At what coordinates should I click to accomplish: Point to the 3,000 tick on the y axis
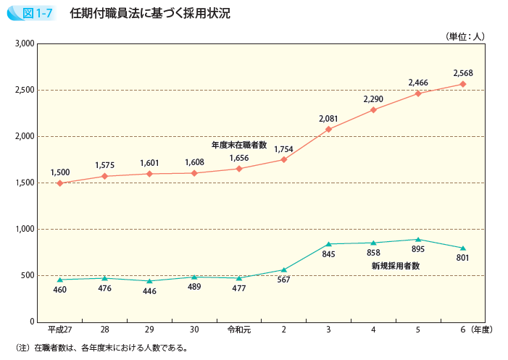point(25,44)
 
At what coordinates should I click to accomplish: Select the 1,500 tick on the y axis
point(25,183)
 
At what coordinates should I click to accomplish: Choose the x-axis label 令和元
point(238,330)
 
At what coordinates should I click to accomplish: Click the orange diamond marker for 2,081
point(328,129)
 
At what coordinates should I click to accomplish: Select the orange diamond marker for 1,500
point(59,183)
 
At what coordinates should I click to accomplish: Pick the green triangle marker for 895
point(418,239)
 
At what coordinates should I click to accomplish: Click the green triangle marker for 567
point(283,269)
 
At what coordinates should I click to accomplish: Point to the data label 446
point(149,291)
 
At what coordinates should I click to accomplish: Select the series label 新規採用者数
point(396,266)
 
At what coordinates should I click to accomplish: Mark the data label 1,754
point(283,149)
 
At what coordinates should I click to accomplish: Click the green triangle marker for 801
point(463,248)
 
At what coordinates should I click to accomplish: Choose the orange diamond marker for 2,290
point(373,110)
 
